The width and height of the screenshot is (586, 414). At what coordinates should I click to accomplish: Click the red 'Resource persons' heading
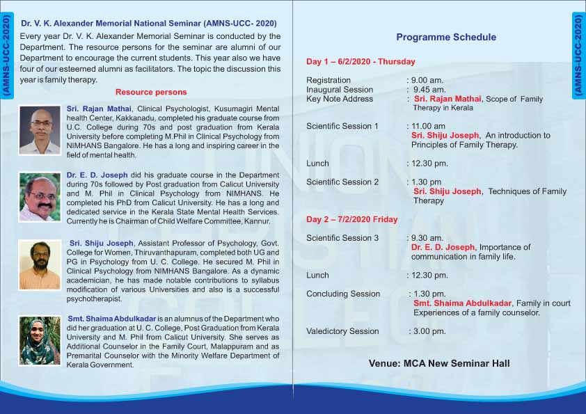151,92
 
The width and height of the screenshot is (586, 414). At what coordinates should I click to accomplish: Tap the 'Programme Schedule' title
446,37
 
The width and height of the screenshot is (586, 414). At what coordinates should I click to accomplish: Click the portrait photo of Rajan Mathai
40,130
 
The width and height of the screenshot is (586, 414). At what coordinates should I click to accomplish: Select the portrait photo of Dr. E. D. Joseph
40,198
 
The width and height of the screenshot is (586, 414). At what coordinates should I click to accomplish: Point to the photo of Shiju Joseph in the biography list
40,265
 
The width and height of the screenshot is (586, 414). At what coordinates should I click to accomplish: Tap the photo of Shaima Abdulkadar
40,341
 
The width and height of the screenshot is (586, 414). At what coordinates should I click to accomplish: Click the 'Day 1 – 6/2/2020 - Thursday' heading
361,62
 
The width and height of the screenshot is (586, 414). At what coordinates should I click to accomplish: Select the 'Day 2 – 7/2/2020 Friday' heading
351,219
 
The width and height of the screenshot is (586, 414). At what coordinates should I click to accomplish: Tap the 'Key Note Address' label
340,99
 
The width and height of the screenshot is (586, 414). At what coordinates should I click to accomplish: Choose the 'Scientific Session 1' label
342,127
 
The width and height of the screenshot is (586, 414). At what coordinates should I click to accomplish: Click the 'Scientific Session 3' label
342,238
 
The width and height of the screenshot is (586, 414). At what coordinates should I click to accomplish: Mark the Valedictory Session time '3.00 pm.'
429,331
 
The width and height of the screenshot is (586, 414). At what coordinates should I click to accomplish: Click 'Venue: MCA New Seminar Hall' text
439,363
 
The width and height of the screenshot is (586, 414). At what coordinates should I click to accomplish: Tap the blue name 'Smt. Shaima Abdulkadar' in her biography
112,319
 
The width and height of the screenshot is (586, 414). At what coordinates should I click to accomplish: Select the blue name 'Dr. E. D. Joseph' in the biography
97,175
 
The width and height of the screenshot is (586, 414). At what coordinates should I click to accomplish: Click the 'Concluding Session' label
343,294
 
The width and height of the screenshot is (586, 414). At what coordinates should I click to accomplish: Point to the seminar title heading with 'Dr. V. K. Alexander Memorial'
149,23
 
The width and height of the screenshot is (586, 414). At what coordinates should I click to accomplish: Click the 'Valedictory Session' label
342,331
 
